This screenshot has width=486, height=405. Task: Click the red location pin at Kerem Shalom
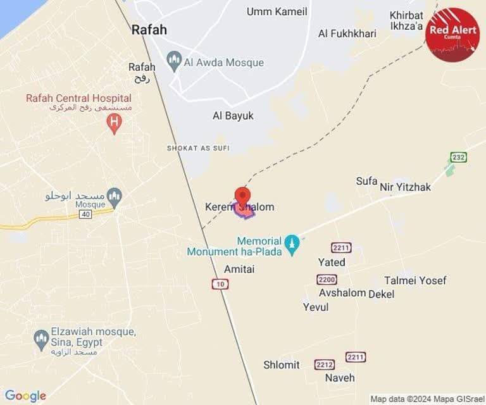coord(242,196)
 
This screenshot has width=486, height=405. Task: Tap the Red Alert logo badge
coord(452,34)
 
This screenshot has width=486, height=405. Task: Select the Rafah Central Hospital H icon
coord(114,123)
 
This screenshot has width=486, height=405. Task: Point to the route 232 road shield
coord(458,157)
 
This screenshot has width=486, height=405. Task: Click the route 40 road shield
coord(85,215)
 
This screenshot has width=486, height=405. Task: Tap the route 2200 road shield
coord(327,279)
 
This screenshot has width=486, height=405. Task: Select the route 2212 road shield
coord(325,364)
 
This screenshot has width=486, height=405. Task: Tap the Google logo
coord(25,396)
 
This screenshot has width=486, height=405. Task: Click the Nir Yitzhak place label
coord(405,187)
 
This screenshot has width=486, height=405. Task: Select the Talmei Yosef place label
coord(415,280)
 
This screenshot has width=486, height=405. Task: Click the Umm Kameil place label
coord(277,11)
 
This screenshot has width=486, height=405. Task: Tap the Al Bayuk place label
coord(233,116)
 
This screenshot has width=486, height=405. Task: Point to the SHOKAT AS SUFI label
coord(198,148)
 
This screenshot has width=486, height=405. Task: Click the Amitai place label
coord(239,269)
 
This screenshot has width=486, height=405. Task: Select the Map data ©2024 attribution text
coord(427,399)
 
